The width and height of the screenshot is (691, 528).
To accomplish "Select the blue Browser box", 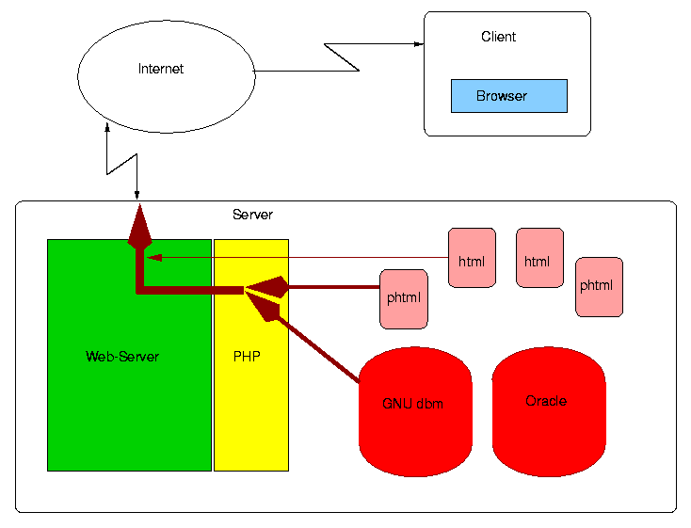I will pyautogui.click(x=508, y=96).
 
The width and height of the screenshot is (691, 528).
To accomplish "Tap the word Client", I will pyautogui.click(x=498, y=37).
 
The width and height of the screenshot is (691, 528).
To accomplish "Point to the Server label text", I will pyautogui.click(x=252, y=215).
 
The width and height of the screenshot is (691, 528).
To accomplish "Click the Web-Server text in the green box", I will pyautogui.click(x=122, y=357).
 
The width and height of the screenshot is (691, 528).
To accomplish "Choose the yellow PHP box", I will pyautogui.click(x=250, y=395).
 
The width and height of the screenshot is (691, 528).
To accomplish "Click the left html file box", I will pyautogui.click(x=471, y=257).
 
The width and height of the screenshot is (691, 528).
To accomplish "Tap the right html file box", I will pyautogui.click(x=538, y=257).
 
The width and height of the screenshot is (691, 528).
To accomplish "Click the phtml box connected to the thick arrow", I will pyautogui.click(x=403, y=298).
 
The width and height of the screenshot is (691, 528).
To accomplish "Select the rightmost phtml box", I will pyautogui.click(x=599, y=286).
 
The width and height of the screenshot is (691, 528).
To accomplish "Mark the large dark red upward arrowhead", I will pyautogui.click(x=139, y=228).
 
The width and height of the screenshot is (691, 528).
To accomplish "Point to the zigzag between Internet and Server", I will pyautogui.click(x=122, y=162).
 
